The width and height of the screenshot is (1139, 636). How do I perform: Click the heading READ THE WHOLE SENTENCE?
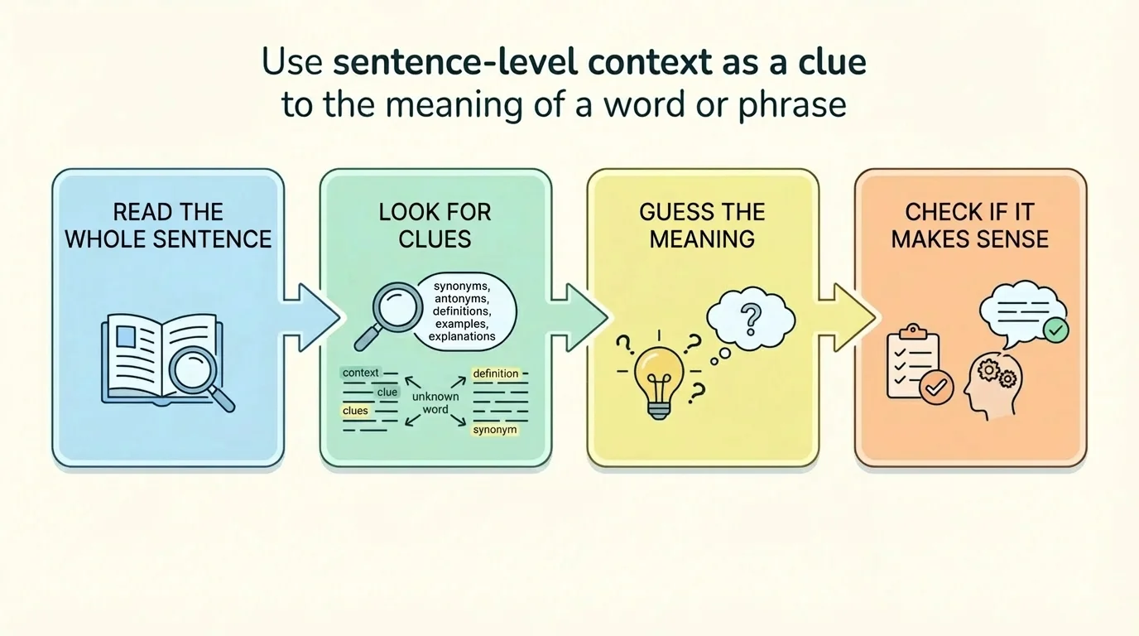coord(168,225)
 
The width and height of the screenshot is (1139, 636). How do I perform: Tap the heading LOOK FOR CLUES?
coord(435,225)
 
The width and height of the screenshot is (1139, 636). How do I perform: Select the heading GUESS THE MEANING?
coord(702,225)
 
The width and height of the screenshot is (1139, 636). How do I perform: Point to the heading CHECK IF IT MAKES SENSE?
coord(969,225)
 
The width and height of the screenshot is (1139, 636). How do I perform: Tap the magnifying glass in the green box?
coord(388,311)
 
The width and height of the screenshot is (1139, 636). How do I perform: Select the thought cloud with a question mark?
coord(750,318)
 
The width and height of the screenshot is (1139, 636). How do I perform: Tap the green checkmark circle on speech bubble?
coord(1055,331)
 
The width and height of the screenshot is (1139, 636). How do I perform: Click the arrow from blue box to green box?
coord(311,317)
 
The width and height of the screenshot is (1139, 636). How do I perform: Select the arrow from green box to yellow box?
coord(579,317)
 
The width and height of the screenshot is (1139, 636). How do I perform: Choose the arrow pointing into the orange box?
coord(846,317)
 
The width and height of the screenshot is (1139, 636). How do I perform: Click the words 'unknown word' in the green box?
coord(435,403)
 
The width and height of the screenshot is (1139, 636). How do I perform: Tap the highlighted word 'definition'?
coord(495,374)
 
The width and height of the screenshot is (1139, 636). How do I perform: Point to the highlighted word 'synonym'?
coord(495,430)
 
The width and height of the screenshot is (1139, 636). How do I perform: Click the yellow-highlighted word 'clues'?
coord(355,411)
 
